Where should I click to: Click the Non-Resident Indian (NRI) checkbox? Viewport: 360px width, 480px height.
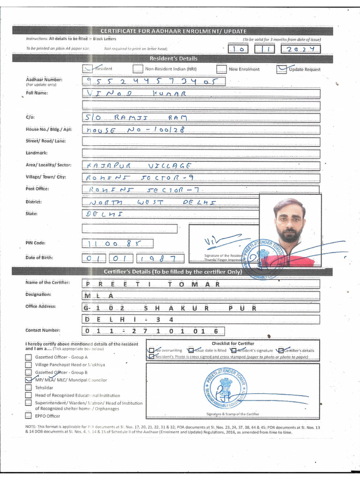137,69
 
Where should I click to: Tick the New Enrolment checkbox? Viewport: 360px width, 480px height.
221,69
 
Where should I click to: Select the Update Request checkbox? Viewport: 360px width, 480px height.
282,69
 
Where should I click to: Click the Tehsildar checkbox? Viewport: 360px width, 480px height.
29,388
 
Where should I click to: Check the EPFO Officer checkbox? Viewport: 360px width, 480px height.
29,415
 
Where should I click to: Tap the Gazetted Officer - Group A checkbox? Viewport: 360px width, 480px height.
29,357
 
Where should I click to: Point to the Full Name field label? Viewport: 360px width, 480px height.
37,93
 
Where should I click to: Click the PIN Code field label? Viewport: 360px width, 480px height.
36,243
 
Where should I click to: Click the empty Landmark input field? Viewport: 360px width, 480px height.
201,153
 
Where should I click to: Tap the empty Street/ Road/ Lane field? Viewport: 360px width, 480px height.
201,141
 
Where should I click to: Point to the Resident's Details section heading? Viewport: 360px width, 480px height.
173,59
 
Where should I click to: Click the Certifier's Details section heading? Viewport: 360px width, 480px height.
172,272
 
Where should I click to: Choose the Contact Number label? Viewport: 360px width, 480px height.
43,330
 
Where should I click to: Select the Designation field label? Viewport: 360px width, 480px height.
38,294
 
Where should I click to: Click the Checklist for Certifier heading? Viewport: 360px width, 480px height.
232,344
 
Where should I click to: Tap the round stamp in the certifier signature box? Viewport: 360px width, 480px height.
225,388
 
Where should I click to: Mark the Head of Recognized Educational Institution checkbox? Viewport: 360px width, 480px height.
29,395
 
